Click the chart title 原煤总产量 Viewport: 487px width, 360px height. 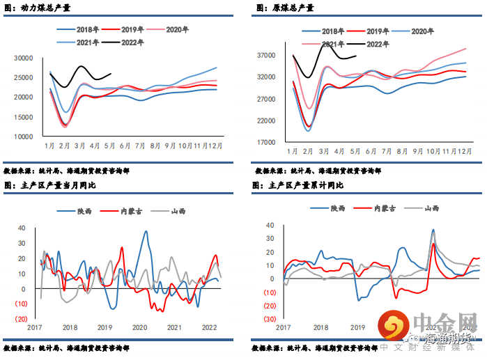[x=289, y=8]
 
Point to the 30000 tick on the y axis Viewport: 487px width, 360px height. [x=24, y=58]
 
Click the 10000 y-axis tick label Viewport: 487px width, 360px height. [x=24, y=136]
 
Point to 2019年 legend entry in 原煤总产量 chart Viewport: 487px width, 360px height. [x=378, y=31]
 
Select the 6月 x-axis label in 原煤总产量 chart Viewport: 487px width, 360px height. [x=369, y=151]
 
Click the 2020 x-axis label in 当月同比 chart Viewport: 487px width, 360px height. [x=139, y=327]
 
